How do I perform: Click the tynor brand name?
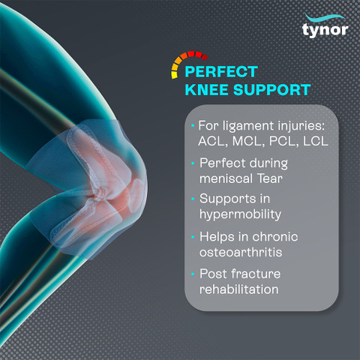coord(325,30)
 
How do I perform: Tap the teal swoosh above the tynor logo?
coord(325,17)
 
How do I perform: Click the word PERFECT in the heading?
coord(221,72)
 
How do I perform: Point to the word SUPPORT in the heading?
coord(272,90)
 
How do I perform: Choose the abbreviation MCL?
coord(248,141)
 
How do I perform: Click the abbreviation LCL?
coord(316,141)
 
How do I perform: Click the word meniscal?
coord(226,178)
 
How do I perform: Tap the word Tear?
coord(270,178)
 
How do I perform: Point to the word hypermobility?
coord(240,215)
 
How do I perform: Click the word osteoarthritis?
coord(241,252)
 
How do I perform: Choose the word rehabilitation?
coord(239,289)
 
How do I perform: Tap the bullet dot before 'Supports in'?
coord(193,199)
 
